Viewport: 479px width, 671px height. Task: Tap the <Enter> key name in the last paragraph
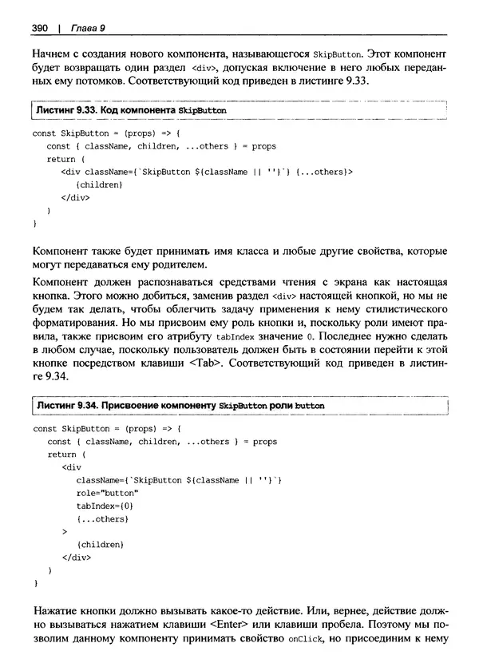pos(235,623)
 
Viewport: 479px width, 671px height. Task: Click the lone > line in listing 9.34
pos(64,531)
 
